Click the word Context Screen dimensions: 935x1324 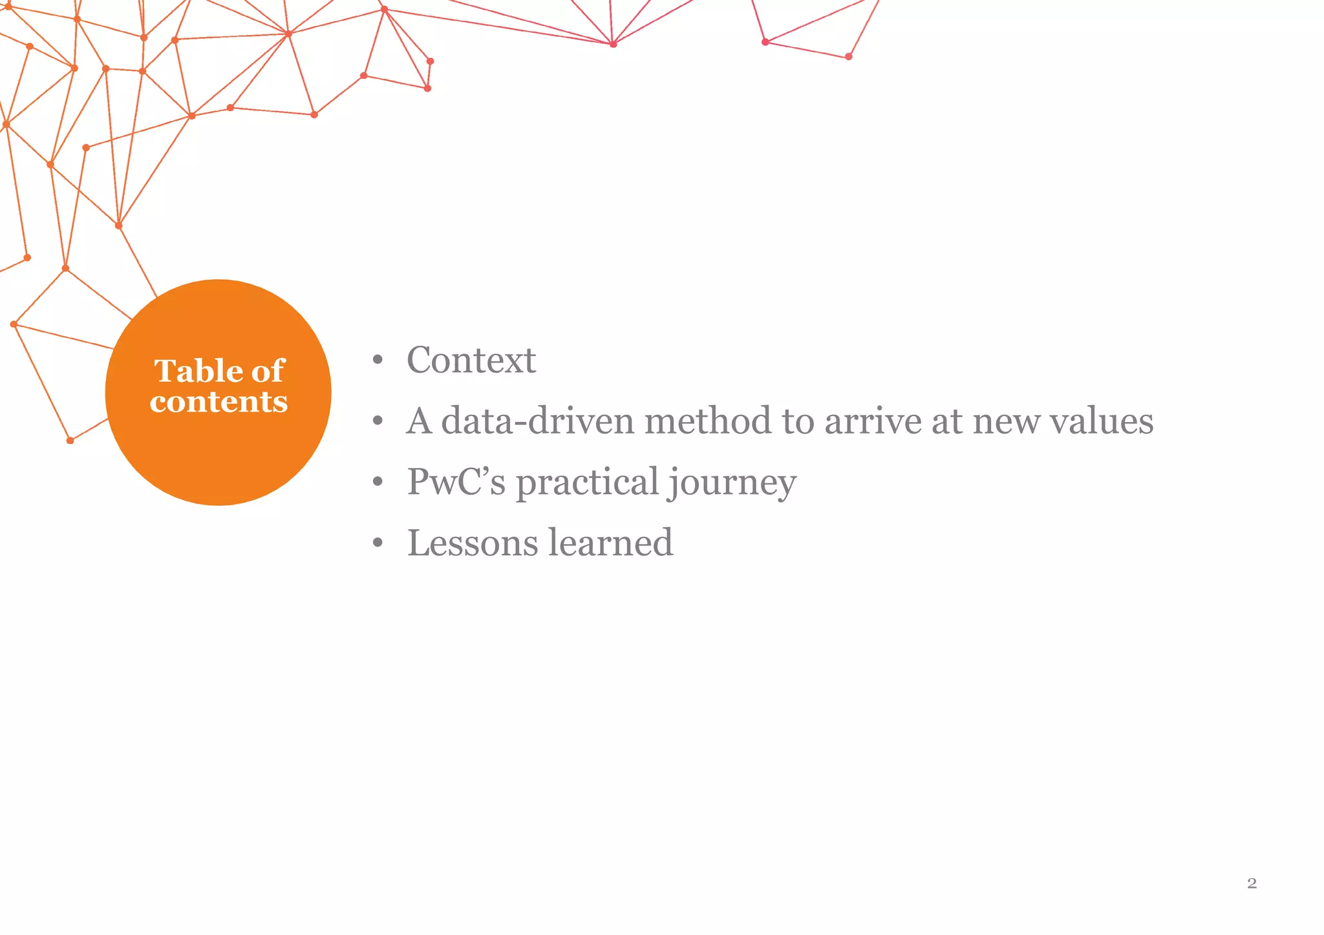click(x=471, y=360)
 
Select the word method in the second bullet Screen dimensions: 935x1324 click(x=708, y=421)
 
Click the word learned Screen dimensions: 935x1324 click(x=611, y=542)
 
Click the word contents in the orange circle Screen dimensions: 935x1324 click(x=219, y=401)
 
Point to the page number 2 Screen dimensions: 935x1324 click(x=1252, y=883)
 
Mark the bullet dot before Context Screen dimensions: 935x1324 click(x=378, y=361)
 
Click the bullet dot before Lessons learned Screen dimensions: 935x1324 click(x=378, y=543)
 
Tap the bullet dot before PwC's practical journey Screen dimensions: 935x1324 click(x=378, y=483)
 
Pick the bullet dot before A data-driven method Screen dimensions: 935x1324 click(x=378, y=422)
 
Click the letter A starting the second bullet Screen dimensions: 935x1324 click(x=419, y=421)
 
